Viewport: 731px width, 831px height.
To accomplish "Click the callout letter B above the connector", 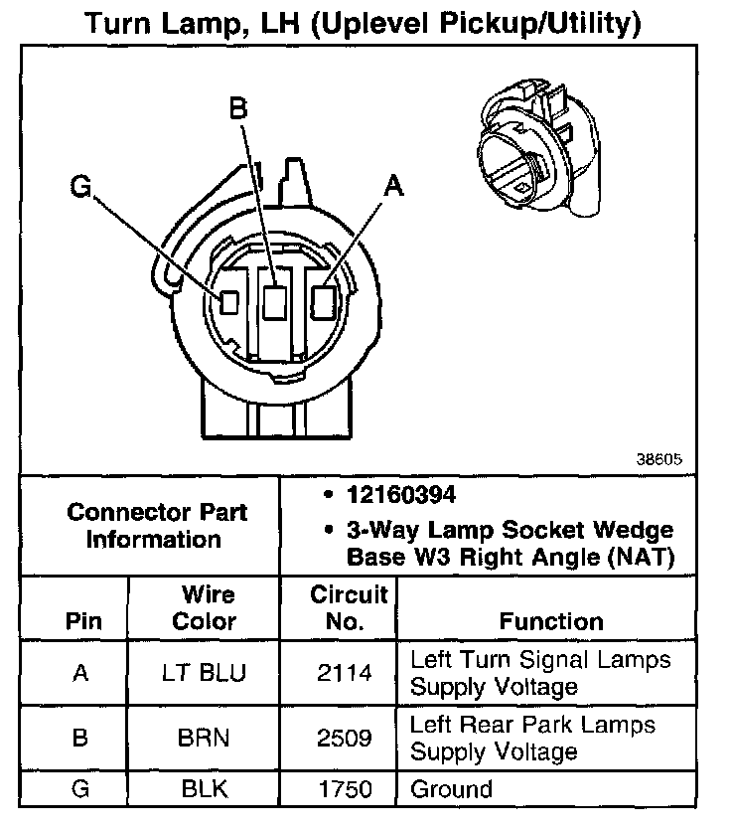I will (237, 108).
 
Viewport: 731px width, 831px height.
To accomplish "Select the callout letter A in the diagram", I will (394, 186).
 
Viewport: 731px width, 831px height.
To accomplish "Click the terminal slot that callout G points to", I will (229, 302).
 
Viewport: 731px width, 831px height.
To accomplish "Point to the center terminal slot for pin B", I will (276, 300).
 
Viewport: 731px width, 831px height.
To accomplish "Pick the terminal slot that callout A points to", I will (322, 300).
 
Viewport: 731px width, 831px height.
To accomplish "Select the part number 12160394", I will (401, 495).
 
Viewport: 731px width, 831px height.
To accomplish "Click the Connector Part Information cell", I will (157, 526).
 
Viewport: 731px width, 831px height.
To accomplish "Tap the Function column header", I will (551, 621).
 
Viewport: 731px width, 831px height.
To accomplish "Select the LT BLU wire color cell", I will (205, 673).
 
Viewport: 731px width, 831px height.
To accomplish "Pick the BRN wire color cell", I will (205, 739).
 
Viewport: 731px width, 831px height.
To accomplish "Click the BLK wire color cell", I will (205, 789).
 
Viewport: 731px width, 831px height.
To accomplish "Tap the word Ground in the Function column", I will (451, 789).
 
